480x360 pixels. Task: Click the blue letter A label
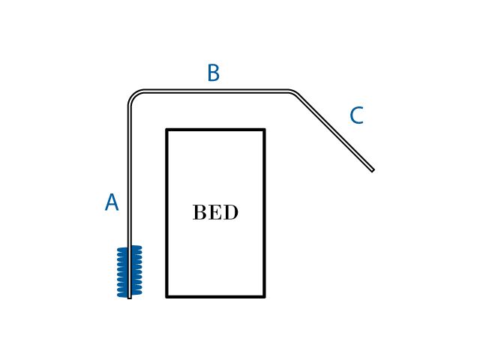112,202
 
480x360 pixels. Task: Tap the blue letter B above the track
213,73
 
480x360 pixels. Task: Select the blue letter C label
357,115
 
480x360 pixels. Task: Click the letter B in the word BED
199,212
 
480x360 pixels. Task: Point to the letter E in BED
215,212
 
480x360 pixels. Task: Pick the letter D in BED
231,212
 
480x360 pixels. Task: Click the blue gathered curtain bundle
130,271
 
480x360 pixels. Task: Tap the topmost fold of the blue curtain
130,248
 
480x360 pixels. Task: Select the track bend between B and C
292,92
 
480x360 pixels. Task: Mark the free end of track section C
373,170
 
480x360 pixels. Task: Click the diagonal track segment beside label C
334,132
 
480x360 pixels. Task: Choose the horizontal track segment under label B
216,91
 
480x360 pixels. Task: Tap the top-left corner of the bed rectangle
166,130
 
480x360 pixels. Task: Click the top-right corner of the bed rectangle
264,130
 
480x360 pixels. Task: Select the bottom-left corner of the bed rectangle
166,297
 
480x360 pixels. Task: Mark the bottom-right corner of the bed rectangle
264,297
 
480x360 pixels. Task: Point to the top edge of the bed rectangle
215,130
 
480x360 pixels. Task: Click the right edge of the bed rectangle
264,213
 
